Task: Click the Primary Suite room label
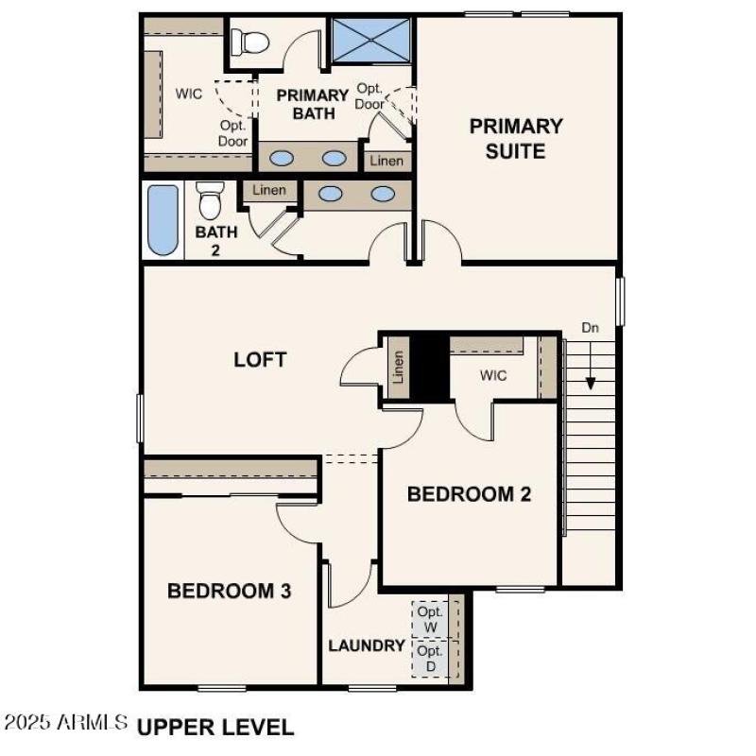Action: click(x=516, y=138)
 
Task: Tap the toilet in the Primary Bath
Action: click(x=253, y=41)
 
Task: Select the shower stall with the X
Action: click(x=371, y=39)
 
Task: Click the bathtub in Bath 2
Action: click(x=163, y=220)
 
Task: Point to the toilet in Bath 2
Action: click(x=210, y=200)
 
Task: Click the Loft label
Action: click(x=260, y=360)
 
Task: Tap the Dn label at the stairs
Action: click(x=591, y=328)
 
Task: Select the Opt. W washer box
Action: click(x=430, y=619)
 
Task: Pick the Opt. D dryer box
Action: click(x=430, y=659)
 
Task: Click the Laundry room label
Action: click(x=367, y=646)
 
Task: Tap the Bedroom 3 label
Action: click(x=229, y=592)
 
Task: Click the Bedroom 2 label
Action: click(x=469, y=493)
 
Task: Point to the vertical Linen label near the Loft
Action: click(x=398, y=367)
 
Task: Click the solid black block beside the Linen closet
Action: click(x=431, y=367)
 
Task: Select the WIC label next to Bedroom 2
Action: click(x=493, y=375)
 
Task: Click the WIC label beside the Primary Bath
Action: click(x=189, y=94)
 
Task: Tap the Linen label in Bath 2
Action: click(x=269, y=190)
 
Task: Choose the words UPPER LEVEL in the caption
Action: click(x=215, y=727)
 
